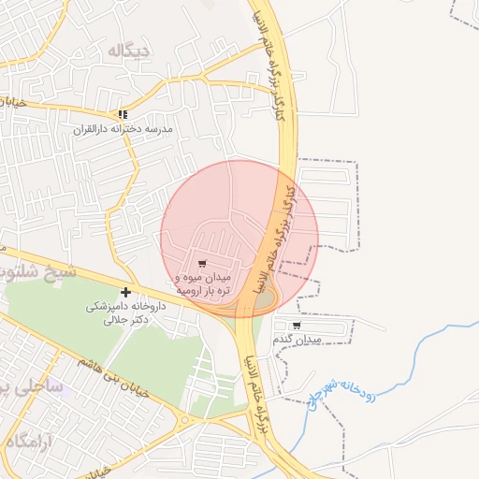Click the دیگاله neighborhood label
pyautogui.click(x=128, y=51)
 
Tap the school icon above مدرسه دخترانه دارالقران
pyautogui.click(x=123, y=114)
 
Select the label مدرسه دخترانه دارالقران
pyautogui.click(x=123, y=129)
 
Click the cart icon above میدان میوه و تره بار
pyautogui.click(x=203, y=264)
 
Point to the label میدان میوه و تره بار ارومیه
pyautogui.click(x=203, y=284)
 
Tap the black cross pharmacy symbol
pyautogui.click(x=126, y=292)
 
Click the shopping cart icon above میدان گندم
pyautogui.click(x=297, y=326)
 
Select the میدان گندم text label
pyautogui.click(x=298, y=340)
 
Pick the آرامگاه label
pyautogui.click(x=26, y=440)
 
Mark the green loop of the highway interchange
pyautogui.click(x=265, y=299)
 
